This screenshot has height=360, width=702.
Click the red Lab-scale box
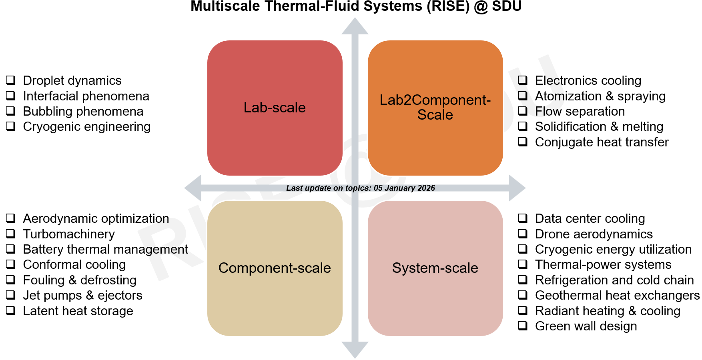[x=275, y=108]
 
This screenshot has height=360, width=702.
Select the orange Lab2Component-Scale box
[x=435, y=108]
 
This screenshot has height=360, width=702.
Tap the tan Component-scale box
[x=275, y=268]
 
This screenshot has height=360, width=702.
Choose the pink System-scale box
[x=435, y=268]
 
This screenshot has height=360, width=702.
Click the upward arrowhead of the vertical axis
[x=355, y=26]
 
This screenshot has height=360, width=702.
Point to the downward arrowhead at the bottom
[x=355, y=350]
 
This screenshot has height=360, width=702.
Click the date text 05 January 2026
[x=404, y=188]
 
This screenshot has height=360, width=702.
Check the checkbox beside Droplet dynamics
[x=11, y=80]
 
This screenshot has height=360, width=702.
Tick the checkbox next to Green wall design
[x=523, y=326]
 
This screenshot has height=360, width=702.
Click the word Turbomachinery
[x=69, y=234]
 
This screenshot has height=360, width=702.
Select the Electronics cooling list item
[x=588, y=80]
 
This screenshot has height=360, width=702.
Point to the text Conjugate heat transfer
[x=602, y=142]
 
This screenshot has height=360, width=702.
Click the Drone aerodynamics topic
[x=594, y=234]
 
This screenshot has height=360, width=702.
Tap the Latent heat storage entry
[x=78, y=311]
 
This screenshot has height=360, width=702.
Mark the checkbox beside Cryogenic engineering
[x=11, y=126]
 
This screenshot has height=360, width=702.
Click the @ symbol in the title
[x=480, y=6]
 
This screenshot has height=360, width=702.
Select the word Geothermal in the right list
[x=564, y=295]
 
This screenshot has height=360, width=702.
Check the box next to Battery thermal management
[x=11, y=249]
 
